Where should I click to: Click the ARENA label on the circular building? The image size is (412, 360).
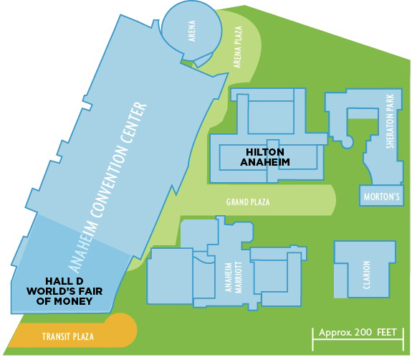(x=192, y=31)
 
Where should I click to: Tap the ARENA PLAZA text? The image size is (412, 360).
(x=238, y=47)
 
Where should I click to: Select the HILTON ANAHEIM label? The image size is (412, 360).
(x=265, y=157)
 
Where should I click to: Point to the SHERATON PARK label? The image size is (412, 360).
(x=391, y=121)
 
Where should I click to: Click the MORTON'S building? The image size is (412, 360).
(x=381, y=196)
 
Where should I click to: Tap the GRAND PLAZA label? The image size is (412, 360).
(x=248, y=202)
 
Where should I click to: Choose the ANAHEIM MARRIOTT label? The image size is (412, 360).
(x=234, y=277)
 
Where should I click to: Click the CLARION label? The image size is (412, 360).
(x=367, y=275)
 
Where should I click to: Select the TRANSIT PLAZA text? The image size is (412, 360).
(x=68, y=336)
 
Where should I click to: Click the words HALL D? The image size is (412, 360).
(x=64, y=281)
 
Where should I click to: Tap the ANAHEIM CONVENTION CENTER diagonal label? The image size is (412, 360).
(x=108, y=187)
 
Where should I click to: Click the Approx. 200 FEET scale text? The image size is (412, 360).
(x=358, y=333)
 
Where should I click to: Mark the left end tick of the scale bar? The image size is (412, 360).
(x=312, y=339)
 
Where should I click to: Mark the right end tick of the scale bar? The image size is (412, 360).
(x=403, y=339)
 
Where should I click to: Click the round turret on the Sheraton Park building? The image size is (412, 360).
(x=348, y=141)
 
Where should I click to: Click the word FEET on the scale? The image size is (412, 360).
(x=386, y=332)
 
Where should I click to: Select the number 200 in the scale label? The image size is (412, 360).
(x=363, y=333)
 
